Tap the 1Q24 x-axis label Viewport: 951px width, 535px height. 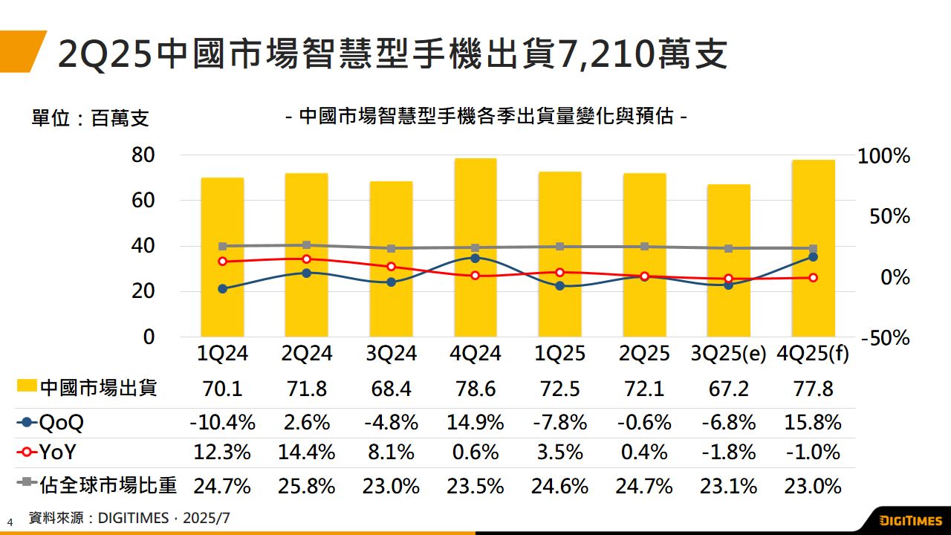coord(222,353)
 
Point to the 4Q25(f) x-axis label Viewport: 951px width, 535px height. coord(813,353)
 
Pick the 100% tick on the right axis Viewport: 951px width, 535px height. coord(883,156)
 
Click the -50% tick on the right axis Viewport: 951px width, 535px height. coord(885,338)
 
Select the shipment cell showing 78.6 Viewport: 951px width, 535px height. coord(475,389)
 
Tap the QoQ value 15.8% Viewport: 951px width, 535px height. coord(813,423)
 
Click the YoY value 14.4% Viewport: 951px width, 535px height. coord(306,452)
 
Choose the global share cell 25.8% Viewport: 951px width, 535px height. coord(306,487)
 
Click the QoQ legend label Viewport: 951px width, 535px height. coord(61,423)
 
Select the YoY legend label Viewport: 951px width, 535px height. coord(57,452)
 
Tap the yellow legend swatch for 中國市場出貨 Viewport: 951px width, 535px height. coord(27,386)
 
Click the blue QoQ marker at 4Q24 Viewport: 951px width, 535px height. coord(475,258)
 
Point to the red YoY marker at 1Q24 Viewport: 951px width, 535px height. coord(222,261)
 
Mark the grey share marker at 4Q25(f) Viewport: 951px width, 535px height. coord(813,249)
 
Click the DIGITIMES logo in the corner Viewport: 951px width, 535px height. coord(912,519)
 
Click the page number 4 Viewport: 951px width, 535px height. coord(10,522)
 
